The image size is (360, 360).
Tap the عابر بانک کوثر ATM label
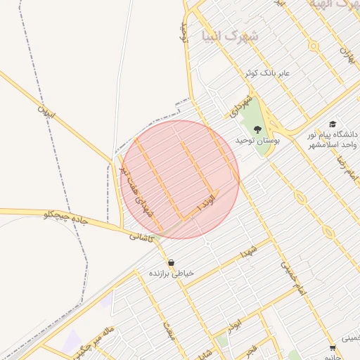tap(267, 73)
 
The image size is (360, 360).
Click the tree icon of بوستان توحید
tap(257, 129)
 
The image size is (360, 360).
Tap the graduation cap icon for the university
tap(332, 124)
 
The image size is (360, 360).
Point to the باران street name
tap(347, 52)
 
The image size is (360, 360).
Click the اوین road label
tap(46, 111)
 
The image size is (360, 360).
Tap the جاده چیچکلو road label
tap(65, 217)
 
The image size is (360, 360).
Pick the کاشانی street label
tap(141, 238)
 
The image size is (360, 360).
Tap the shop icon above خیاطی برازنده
tap(171, 262)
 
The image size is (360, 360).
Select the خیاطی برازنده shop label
tap(171, 273)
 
